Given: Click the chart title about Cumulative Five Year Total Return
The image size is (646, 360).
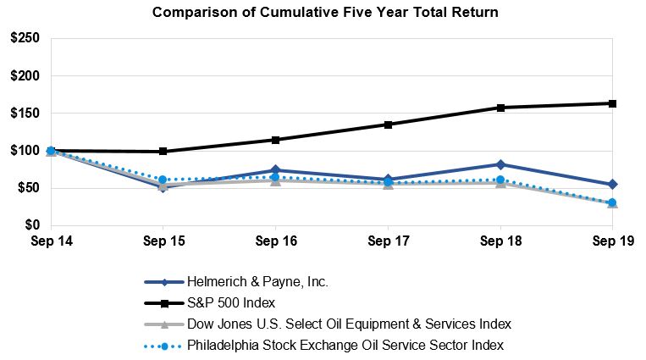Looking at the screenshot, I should [325, 13].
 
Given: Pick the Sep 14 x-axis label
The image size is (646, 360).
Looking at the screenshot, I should [51, 242].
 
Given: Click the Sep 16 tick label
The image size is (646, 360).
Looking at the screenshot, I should [275, 242].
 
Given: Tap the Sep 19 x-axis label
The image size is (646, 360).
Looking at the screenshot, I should [611, 242].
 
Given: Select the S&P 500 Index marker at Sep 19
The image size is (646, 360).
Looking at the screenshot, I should [612, 103].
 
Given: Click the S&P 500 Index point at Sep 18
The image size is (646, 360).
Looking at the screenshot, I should [500, 108].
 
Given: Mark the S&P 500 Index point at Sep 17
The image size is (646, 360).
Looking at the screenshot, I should [388, 125].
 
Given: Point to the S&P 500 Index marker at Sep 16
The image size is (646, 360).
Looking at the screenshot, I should [275, 140].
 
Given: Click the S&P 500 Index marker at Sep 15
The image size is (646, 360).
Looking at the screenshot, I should [163, 152].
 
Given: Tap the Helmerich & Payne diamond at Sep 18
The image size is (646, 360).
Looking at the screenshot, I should [500, 164].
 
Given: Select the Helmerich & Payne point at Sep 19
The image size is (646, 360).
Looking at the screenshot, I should [612, 184].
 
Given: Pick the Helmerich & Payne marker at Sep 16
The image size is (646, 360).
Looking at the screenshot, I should [275, 170].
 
